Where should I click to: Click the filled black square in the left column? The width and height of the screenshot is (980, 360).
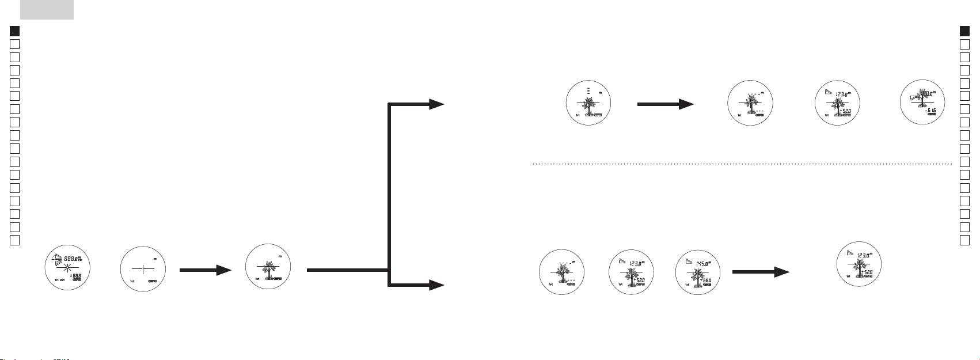click(16, 31)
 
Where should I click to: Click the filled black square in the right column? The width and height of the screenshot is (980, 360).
click(965, 31)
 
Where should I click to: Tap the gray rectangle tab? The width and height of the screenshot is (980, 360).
click(47, 9)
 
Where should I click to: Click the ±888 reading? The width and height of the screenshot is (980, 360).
click(75, 276)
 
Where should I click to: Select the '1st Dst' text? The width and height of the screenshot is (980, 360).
click(59, 280)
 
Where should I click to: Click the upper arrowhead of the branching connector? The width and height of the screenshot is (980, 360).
click(436, 104)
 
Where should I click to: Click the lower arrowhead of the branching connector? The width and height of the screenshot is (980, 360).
click(436, 285)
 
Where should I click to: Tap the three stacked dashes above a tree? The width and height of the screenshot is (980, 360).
click(588, 90)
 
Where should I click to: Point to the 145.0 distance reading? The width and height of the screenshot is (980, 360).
click(705, 263)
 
